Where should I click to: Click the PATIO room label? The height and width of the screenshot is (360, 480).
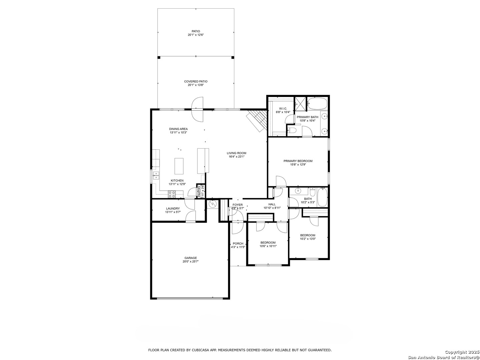[x=196, y=31]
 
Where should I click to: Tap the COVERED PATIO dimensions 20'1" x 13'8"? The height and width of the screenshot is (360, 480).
[x=196, y=85]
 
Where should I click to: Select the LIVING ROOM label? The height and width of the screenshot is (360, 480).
[x=236, y=153]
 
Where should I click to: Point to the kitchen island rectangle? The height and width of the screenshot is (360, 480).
[x=179, y=166]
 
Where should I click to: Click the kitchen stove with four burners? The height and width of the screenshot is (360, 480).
[x=172, y=194]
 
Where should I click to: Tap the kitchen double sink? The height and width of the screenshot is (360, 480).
[x=156, y=176]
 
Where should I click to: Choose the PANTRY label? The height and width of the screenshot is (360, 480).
[x=199, y=191]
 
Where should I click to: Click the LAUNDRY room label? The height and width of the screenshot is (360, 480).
[x=173, y=209]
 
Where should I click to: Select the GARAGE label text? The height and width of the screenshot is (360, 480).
[x=191, y=258]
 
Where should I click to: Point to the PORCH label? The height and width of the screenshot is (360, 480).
[x=238, y=243]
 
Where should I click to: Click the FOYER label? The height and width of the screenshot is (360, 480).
[x=237, y=205]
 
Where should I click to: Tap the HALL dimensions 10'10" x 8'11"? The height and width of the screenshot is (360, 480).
[x=272, y=208]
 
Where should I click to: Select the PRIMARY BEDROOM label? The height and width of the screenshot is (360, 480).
[x=298, y=161]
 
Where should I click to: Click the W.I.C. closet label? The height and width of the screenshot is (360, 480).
[x=283, y=109]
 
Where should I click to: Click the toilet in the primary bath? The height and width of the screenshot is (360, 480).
[x=292, y=130]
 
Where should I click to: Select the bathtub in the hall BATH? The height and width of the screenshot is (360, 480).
[x=322, y=197]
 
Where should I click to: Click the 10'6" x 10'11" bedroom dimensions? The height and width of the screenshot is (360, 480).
[x=268, y=246]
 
